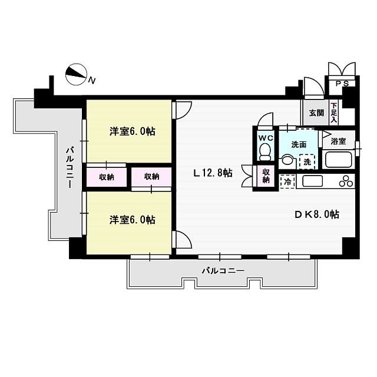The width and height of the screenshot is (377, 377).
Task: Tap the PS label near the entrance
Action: click(342, 84)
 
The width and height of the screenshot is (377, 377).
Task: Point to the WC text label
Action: click(264, 138)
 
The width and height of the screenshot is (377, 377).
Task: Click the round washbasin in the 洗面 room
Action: click(287, 160)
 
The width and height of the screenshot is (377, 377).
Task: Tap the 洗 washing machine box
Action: click(306, 161)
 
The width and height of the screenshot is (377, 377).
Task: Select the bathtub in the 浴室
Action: click(338, 159)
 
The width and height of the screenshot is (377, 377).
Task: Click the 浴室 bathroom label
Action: click(338, 141)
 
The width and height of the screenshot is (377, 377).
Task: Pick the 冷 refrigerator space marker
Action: click(287, 181)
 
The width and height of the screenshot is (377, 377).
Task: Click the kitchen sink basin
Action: click(312, 181)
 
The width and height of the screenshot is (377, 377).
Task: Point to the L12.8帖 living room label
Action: click(213, 173)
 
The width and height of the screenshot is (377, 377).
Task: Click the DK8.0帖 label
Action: click(316, 214)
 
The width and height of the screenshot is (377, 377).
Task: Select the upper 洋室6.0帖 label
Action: click(132, 131)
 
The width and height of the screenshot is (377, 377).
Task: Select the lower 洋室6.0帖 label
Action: click(132, 220)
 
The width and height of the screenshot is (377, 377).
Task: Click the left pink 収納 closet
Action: click(106, 177)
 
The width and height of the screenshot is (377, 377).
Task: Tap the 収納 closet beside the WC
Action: click(266, 177)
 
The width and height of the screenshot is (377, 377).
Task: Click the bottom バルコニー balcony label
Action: click(223, 271)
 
